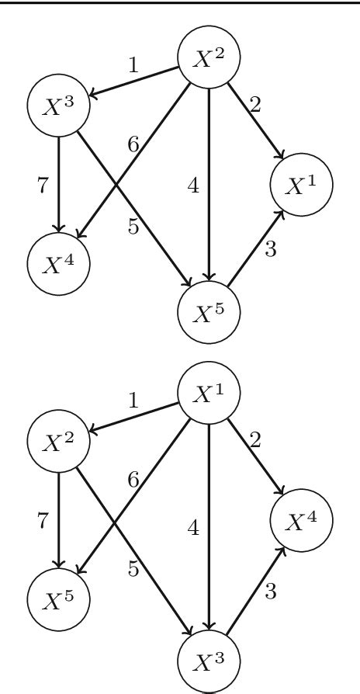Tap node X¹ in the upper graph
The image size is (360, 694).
tap(300, 186)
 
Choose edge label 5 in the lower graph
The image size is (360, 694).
tap(133, 569)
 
